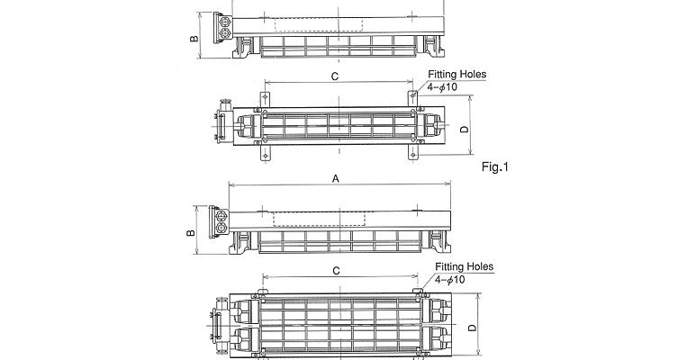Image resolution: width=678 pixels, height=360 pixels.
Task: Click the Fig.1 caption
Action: pyautogui.click(x=495, y=166)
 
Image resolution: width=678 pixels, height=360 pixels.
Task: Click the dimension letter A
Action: pyautogui.click(x=336, y=178)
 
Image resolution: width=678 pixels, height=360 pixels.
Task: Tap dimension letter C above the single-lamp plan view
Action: pyautogui.click(x=335, y=76)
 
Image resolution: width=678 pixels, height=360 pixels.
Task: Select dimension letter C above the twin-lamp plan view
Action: pyautogui.click(x=336, y=271)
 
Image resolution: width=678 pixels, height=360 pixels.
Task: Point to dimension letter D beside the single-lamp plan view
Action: pyautogui.click(x=464, y=129)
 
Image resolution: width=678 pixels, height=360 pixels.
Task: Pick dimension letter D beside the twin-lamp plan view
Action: pyautogui.click(x=472, y=328)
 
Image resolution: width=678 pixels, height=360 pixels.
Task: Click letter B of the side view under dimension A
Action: pyautogui.click(x=191, y=233)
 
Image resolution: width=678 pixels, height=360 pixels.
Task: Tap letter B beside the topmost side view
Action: pyautogui.click(x=194, y=39)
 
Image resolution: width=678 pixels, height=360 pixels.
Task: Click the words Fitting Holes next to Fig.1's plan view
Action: pyautogui.click(x=457, y=75)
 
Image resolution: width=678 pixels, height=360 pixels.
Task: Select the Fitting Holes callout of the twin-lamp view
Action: pyautogui.click(x=464, y=266)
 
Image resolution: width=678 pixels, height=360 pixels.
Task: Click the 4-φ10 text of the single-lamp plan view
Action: pyautogui.click(x=442, y=87)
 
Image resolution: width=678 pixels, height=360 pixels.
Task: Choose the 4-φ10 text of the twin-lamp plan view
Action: pyautogui.click(x=449, y=280)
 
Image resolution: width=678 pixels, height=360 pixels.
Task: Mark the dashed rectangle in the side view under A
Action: pyautogui.click(x=319, y=219)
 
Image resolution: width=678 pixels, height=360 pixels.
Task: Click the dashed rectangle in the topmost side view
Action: pyautogui.click(x=319, y=24)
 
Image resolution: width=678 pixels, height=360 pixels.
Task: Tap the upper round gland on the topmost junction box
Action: pyautogui.click(x=224, y=22)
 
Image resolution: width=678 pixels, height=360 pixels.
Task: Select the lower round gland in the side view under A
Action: pyautogui.click(x=220, y=228)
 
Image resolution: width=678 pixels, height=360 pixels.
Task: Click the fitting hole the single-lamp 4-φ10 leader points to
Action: pyautogui.click(x=413, y=94)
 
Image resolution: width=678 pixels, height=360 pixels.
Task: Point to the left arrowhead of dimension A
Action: pyautogui.click(x=231, y=184)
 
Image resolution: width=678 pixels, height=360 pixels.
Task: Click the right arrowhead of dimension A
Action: pyautogui.click(x=448, y=184)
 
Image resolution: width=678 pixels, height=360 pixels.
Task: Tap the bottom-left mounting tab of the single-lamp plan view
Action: pyautogui.click(x=265, y=153)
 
